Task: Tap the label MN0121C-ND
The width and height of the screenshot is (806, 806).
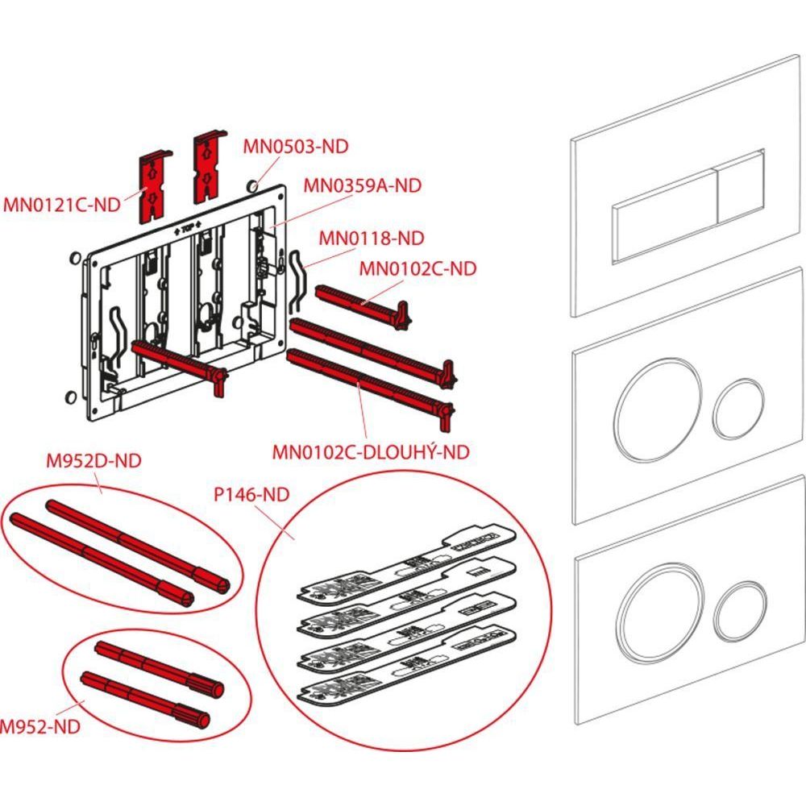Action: coord(61,204)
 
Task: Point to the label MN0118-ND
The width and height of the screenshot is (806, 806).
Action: coord(372,238)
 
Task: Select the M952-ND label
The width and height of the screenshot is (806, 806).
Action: coord(40,727)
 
